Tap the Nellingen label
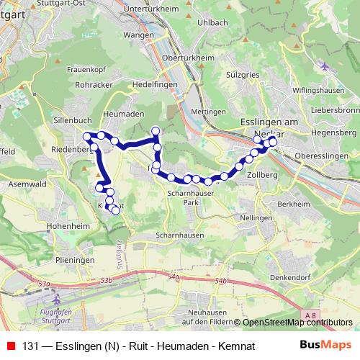coord(256,217)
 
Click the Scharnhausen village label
coord(176,235)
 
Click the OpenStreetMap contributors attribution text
coord(297,323)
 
